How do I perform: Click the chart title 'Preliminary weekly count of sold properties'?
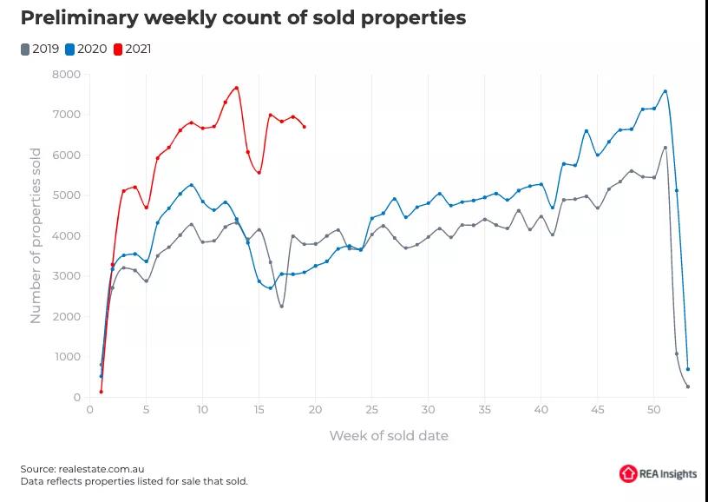pos(243,17)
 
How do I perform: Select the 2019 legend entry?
pos(40,49)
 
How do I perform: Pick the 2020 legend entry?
pos(87,49)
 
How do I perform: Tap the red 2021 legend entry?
pos(133,49)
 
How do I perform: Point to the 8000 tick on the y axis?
pos(67,75)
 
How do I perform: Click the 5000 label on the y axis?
pos(67,195)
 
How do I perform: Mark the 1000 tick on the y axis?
pos(67,357)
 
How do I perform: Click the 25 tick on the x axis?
pos(371,410)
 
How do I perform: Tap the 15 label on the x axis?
pos(259,410)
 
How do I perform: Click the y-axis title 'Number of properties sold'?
pos(36,235)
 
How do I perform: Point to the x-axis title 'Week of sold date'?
pos(389,435)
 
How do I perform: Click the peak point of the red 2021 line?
pos(236,88)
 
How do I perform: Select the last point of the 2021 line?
pos(304,127)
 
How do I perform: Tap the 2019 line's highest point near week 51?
pos(665,148)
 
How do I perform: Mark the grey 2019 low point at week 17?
pos(281,306)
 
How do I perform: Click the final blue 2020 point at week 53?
pos(688,369)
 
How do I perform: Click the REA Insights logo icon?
pos(628,473)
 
